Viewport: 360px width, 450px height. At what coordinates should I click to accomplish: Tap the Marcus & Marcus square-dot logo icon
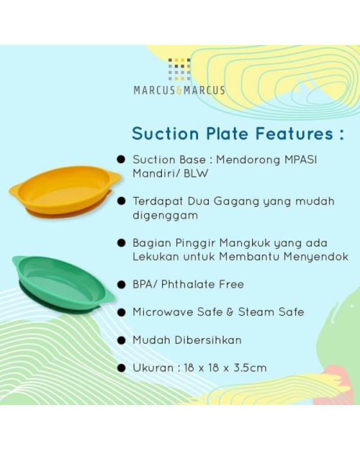[x=179, y=69]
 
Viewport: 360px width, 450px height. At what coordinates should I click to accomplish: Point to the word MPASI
[x=303, y=159]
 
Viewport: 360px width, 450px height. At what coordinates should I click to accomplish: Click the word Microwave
[x=161, y=312]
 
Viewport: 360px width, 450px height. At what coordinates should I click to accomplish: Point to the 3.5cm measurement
[x=249, y=368]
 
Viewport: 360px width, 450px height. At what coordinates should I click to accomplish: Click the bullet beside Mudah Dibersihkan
[x=120, y=339]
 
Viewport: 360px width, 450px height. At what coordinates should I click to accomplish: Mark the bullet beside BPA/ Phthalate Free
[x=120, y=283]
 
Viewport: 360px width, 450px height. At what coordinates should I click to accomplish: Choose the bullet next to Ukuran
[x=120, y=368]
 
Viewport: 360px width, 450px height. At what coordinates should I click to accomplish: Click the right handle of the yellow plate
[x=113, y=177]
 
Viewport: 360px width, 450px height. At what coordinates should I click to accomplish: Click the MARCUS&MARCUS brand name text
[x=179, y=91]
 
